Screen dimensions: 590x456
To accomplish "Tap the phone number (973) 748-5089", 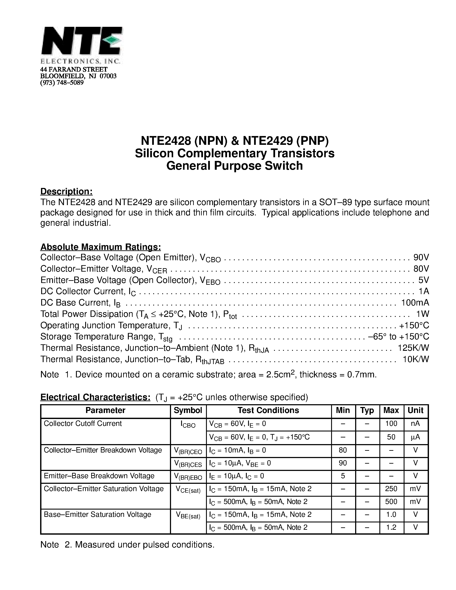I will pyautogui.click(x=62, y=83).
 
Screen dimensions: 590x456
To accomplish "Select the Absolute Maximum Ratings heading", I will pyautogui.click(x=100, y=247).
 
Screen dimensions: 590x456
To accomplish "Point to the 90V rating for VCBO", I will pyautogui.click(x=421, y=257).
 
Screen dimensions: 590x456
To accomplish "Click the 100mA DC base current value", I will pyautogui.click(x=415, y=302).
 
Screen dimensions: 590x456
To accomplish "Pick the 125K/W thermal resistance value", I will pyautogui.click(x=413, y=348).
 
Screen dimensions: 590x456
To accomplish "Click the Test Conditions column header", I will pyautogui.click(x=268, y=410).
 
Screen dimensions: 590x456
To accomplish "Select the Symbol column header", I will pyautogui.click(x=188, y=410).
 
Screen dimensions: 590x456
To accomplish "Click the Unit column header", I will pyautogui.click(x=415, y=410).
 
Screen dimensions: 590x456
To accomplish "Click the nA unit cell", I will pyautogui.click(x=415, y=424).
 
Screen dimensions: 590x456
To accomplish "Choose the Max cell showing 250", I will pyautogui.click(x=391, y=489).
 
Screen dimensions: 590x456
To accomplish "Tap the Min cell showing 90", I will pyautogui.click(x=343, y=463).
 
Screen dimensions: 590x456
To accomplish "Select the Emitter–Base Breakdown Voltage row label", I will pyautogui.click(x=99, y=476).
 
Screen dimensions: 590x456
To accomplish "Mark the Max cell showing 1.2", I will pyautogui.click(x=391, y=527).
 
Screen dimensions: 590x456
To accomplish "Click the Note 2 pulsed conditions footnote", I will pyautogui.click(x=127, y=545).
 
